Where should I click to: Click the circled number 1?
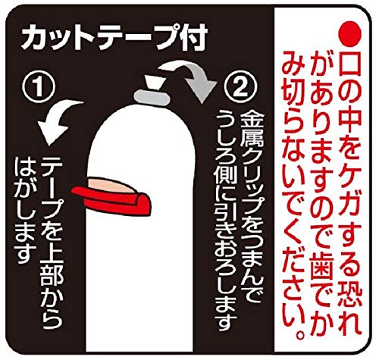39,86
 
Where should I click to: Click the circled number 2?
240,86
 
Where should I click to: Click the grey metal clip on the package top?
152,98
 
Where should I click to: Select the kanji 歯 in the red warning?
321,263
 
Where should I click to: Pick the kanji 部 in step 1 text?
52,280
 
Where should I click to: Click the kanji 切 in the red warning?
293,92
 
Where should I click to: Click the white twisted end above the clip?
152,82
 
